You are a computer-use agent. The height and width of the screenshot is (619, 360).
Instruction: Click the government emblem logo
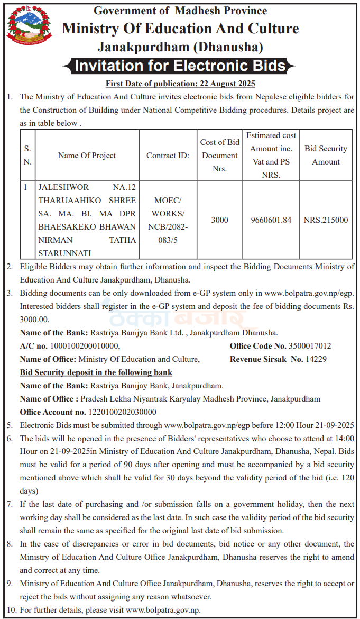[x=22, y=26]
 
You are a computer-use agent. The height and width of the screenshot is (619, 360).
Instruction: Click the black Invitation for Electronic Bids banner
[x=180, y=66]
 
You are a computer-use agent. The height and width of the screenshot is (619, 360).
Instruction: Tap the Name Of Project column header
[x=87, y=156]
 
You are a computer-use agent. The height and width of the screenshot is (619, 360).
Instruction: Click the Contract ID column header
[x=167, y=156]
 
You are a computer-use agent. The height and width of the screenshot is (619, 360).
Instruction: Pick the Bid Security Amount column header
[x=326, y=155]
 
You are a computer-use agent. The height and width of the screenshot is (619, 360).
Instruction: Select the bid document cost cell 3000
[x=219, y=220]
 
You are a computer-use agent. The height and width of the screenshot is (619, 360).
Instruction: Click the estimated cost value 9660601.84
[x=271, y=220]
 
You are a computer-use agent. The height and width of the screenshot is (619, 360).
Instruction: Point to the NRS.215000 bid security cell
[x=326, y=220]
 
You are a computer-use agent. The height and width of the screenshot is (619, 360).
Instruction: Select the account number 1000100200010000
[x=85, y=346]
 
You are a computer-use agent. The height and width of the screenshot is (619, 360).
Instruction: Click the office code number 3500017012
[x=310, y=346]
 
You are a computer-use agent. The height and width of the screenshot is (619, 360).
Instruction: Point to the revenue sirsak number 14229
[x=316, y=359]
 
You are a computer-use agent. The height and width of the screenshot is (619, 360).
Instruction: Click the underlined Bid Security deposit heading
[x=96, y=372]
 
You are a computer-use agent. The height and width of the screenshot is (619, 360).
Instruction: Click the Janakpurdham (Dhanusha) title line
[x=180, y=47]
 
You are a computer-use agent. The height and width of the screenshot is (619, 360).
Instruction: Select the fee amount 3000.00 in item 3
[x=34, y=320]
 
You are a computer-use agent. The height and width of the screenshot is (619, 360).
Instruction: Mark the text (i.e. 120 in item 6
[x=335, y=478]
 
